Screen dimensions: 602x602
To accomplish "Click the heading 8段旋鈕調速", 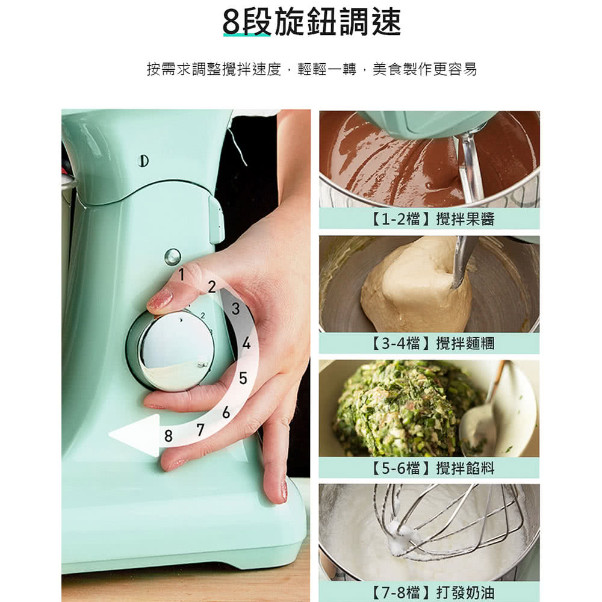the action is (312, 22).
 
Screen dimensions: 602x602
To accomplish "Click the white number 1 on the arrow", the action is (182, 275).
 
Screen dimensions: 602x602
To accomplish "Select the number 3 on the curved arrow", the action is (235, 308).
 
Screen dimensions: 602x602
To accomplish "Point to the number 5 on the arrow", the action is (243, 378).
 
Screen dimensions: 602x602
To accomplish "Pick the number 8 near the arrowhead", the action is (168, 436).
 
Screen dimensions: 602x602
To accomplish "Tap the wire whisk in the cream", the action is (449, 518).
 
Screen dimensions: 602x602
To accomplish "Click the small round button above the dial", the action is (172, 256).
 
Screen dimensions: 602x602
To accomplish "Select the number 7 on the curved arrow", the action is (200, 430).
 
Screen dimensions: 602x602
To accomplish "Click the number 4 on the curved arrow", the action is (246, 343).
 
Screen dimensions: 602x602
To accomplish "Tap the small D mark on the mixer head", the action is (144, 161).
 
